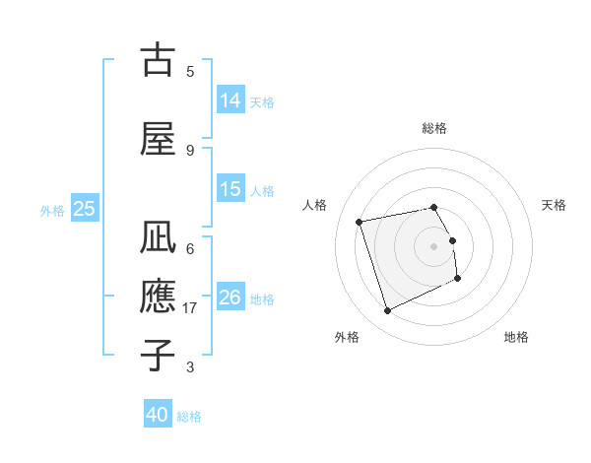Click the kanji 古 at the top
[158, 60]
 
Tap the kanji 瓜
[158, 239]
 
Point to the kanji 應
[158, 297]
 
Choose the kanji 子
[158, 354]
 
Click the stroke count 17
[191, 308]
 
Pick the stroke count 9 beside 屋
[190, 150]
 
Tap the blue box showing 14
[230, 99]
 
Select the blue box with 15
[230, 189]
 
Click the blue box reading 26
[230, 298]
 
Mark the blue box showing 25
[84, 209]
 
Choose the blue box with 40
[158, 415]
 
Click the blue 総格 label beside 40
[189, 417]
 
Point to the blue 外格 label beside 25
[52, 210]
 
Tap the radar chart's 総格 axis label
[434, 128]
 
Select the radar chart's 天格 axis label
[554, 205]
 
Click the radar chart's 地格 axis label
[516, 337]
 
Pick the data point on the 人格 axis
[360, 221]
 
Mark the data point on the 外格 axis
[387, 310]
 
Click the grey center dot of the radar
[434, 245]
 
